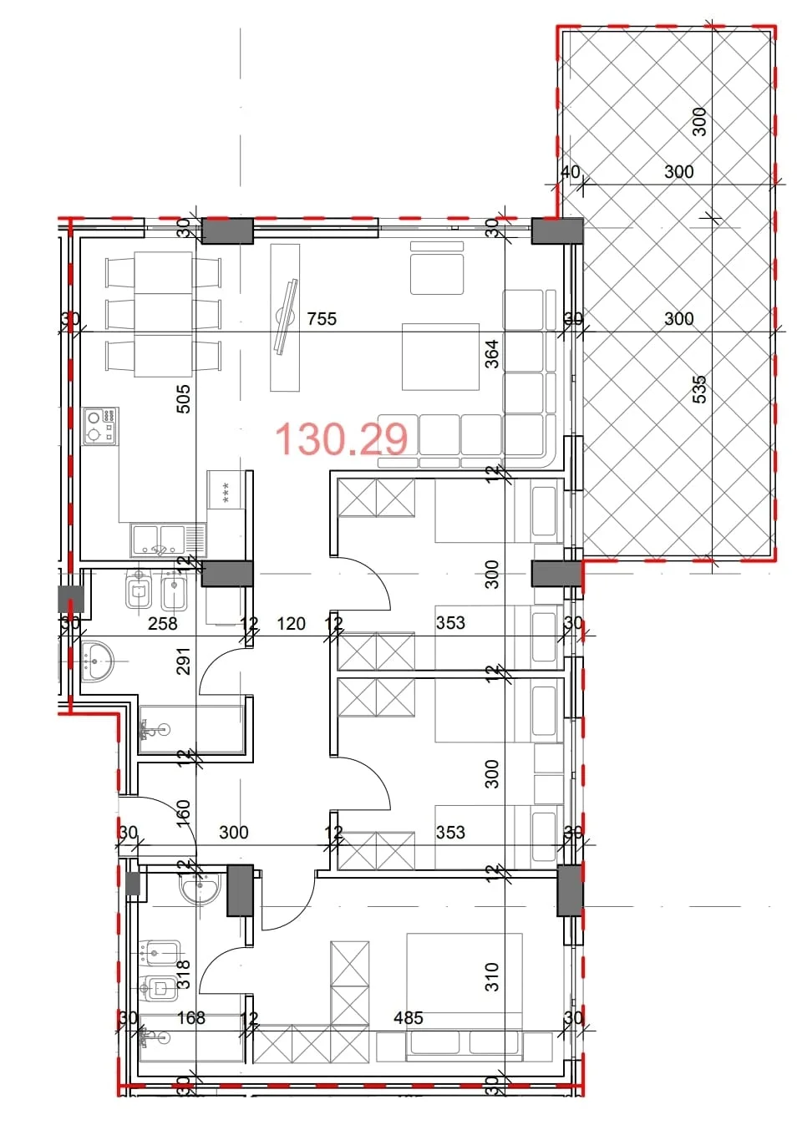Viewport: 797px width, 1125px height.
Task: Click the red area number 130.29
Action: click(341, 438)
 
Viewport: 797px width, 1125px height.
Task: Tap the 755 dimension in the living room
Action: click(322, 318)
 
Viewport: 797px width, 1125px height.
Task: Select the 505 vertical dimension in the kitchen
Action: click(184, 398)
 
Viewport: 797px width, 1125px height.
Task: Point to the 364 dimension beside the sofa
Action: click(492, 353)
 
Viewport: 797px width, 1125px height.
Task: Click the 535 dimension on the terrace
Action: click(699, 389)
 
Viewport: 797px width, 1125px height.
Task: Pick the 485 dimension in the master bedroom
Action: click(409, 1017)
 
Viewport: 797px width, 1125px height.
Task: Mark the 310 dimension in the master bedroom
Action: click(492, 976)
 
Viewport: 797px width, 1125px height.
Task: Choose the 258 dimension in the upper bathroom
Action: click(162, 623)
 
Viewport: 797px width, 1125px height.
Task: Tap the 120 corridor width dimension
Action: click(291, 623)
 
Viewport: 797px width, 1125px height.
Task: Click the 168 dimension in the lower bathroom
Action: click(190, 1017)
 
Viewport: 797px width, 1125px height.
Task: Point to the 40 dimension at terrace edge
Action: click(570, 172)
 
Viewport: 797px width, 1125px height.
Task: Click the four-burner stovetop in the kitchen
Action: click(101, 426)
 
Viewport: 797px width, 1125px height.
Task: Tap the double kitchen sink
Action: click(167, 540)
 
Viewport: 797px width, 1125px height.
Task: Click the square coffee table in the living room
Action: click(440, 357)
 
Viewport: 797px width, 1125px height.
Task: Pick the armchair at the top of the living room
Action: click(437, 269)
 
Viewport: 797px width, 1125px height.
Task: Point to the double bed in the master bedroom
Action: click(464, 994)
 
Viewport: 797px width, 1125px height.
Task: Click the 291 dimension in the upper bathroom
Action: click(184, 661)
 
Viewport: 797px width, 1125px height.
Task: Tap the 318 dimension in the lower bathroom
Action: click(184, 975)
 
